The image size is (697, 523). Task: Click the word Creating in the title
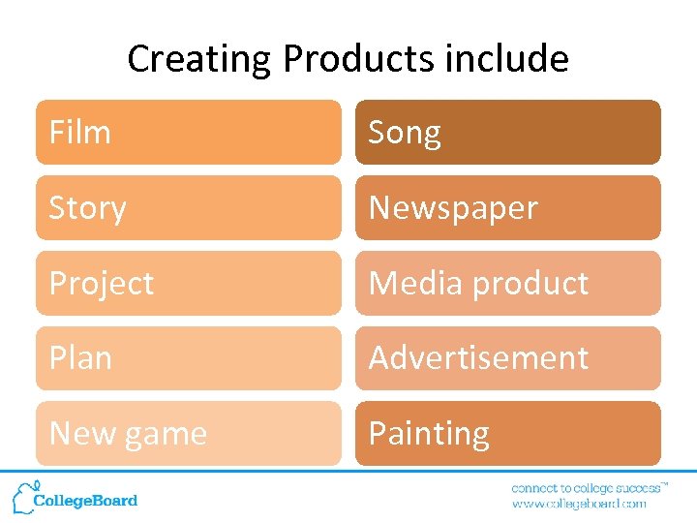(200, 60)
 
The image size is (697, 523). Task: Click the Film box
(189, 133)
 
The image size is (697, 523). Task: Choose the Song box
(507, 133)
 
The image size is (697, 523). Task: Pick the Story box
(189, 208)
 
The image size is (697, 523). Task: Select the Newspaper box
(507, 208)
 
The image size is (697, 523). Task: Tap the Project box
(189, 283)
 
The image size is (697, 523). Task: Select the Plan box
(189, 358)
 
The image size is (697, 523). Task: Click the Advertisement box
(507, 358)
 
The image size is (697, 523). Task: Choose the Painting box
(507, 433)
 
